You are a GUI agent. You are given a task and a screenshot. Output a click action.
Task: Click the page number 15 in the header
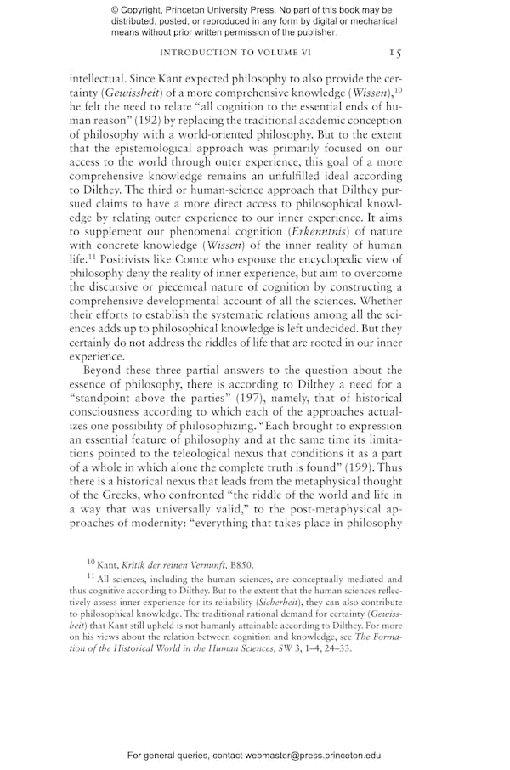click(x=395, y=53)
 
